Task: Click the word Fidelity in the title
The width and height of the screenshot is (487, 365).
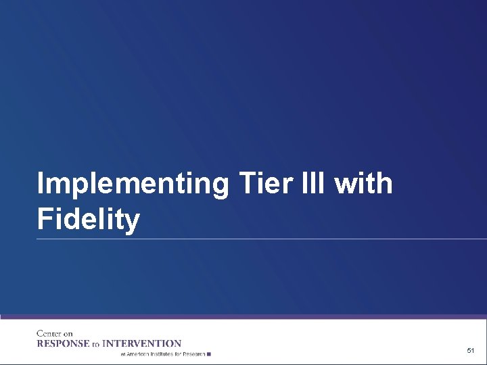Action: click(x=89, y=220)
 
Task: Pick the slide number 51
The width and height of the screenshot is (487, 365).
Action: click(x=471, y=351)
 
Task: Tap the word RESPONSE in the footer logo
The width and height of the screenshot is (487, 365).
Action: click(x=64, y=343)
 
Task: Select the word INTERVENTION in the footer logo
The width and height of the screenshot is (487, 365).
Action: click(x=141, y=343)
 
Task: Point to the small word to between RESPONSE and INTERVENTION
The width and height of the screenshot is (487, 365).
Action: click(x=96, y=344)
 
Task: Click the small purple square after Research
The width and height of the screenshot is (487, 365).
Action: click(x=209, y=354)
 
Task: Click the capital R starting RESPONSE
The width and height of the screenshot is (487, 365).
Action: click(x=40, y=343)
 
